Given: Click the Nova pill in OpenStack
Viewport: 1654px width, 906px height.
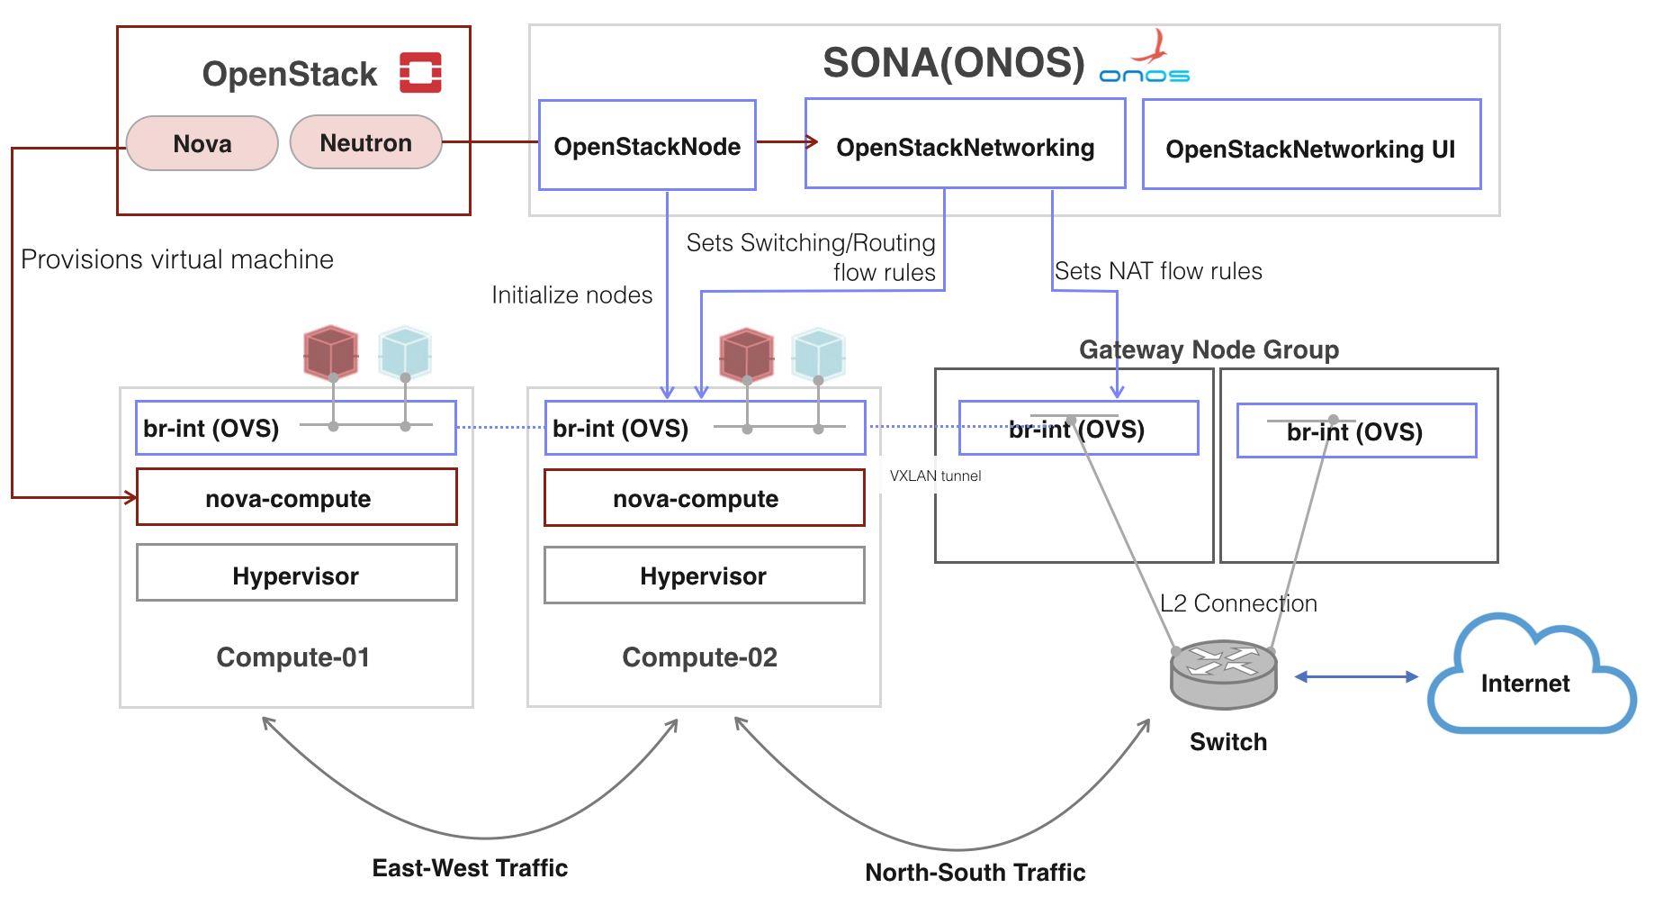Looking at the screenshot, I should [x=202, y=143].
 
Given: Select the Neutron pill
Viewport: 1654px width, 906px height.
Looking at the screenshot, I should [x=366, y=142].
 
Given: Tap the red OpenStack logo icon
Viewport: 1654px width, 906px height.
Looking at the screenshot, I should [x=420, y=73].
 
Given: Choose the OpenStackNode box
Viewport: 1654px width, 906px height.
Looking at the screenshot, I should [x=647, y=146].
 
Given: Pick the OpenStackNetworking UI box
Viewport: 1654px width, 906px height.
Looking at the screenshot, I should [x=1310, y=149].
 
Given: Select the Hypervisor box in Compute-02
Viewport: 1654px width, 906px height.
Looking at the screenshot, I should [x=704, y=576].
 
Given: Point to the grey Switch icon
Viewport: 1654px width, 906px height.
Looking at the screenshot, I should [x=1223, y=675].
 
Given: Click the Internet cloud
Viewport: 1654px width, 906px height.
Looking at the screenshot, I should [x=1530, y=680].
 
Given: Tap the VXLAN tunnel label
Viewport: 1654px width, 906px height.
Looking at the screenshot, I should [x=935, y=476].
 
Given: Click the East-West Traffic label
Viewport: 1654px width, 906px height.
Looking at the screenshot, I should [x=470, y=868].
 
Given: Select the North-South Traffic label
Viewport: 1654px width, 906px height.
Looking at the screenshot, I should [x=975, y=873].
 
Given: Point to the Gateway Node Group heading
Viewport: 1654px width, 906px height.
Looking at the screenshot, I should [x=1209, y=349].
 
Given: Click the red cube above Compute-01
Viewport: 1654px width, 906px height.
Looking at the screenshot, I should [x=330, y=351].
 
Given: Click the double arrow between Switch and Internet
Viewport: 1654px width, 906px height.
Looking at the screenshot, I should [x=1355, y=676].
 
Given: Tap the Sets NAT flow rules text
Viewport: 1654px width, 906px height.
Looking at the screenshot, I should [x=1158, y=271].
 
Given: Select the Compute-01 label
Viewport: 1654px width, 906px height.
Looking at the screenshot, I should [x=293, y=657].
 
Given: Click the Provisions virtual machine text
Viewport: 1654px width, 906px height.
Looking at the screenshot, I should [x=177, y=259].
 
